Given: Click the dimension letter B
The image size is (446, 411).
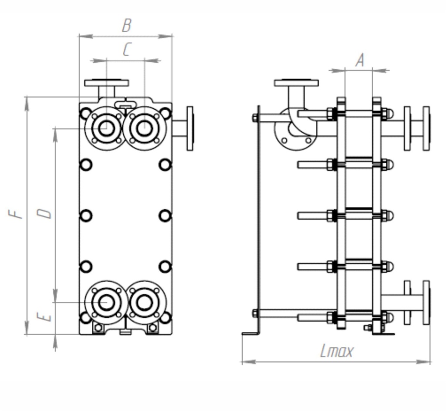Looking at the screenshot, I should click(126, 26).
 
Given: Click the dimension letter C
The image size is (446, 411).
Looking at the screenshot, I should click(126, 50).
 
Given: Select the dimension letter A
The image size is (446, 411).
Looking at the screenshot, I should click(360, 61).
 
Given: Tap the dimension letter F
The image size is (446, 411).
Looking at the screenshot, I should click(17, 213).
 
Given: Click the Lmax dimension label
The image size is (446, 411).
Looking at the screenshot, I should click(337, 351).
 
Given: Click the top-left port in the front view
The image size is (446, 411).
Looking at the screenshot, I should click(106, 128).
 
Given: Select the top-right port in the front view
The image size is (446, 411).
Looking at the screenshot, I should click(145, 128).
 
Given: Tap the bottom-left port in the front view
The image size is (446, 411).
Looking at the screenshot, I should click(106, 302).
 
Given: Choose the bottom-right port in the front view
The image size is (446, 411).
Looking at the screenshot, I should click(145, 302).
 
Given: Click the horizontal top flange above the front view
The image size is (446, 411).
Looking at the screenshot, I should click(107, 83).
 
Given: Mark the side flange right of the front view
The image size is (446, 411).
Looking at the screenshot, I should click(190, 128).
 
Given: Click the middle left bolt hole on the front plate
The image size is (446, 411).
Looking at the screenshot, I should click(86, 216).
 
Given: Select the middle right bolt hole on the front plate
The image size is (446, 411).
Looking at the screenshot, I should click(165, 216).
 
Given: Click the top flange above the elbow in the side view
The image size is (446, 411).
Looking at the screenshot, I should click(296, 83).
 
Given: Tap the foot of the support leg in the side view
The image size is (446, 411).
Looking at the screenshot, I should click(250, 334).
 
